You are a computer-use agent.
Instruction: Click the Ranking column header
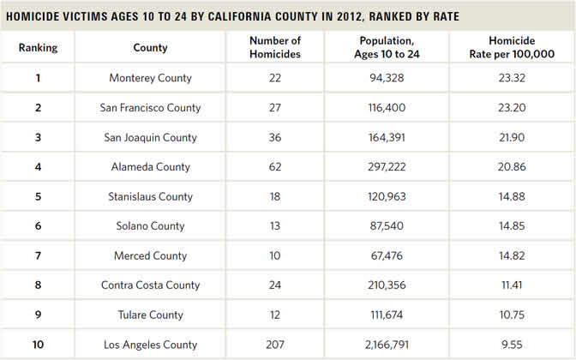(x=39, y=48)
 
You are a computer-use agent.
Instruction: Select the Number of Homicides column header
(x=275, y=47)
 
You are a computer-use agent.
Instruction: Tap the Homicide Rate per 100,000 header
(x=512, y=47)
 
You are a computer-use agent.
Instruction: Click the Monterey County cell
(x=150, y=78)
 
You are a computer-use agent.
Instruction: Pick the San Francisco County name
(x=150, y=108)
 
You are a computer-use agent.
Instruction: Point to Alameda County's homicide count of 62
(x=275, y=167)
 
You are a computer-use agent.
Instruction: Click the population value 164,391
(x=387, y=137)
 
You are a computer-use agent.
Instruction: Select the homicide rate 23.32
(x=512, y=78)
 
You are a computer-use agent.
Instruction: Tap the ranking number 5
(x=39, y=196)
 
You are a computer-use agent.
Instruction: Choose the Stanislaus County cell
(x=150, y=196)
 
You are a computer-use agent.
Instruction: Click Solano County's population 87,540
(x=387, y=226)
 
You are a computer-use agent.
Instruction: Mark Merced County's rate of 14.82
(x=512, y=255)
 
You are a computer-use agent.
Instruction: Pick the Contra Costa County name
(x=150, y=285)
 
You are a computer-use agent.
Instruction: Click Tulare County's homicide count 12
(x=275, y=315)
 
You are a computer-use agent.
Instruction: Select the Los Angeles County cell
(x=150, y=345)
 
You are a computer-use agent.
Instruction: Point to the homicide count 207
(x=275, y=345)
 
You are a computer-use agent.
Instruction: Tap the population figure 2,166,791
(x=387, y=345)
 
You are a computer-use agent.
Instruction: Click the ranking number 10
(x=39, y=345)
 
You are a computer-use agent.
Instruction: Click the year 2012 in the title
(x=350, y=16)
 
